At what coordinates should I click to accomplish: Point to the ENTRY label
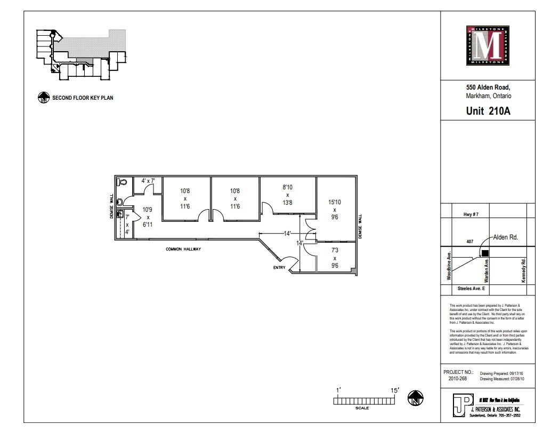(280, 267)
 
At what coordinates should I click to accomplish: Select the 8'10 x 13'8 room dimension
(287, 195)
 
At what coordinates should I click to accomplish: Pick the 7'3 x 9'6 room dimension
(335, 257)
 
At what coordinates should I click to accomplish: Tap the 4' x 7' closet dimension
(147, 181)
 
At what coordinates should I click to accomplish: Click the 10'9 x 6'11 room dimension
(148, 217)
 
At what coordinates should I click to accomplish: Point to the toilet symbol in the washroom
(122, 182)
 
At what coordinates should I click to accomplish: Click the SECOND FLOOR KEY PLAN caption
(82, 98)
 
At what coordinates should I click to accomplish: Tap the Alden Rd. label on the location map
(506, 237)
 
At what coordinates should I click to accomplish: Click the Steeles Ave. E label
(471, 289)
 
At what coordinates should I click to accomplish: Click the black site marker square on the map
(485, 253)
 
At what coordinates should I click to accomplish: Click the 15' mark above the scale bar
(395, 390)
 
